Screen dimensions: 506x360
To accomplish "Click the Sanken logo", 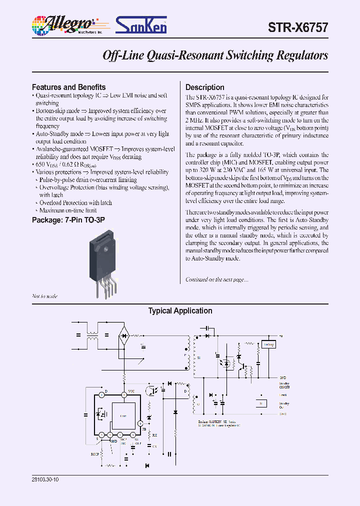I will [141, 24].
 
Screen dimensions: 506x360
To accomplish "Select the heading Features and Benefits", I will [68, 86].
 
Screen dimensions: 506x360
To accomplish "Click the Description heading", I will [205, 86].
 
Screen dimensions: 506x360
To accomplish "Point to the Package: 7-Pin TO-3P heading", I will [68, 219].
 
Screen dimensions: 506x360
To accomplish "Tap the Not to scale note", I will [44, 296].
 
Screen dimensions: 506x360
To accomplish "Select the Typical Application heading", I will [180, 311].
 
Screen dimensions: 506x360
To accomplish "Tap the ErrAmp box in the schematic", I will [269, 344].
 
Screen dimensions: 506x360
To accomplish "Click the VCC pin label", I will [131, 390].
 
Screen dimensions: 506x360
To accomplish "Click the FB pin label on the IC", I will [144, 428].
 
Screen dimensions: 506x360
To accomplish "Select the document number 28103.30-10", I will [48, 478].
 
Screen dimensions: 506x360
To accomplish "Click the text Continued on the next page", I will [216, 279].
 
